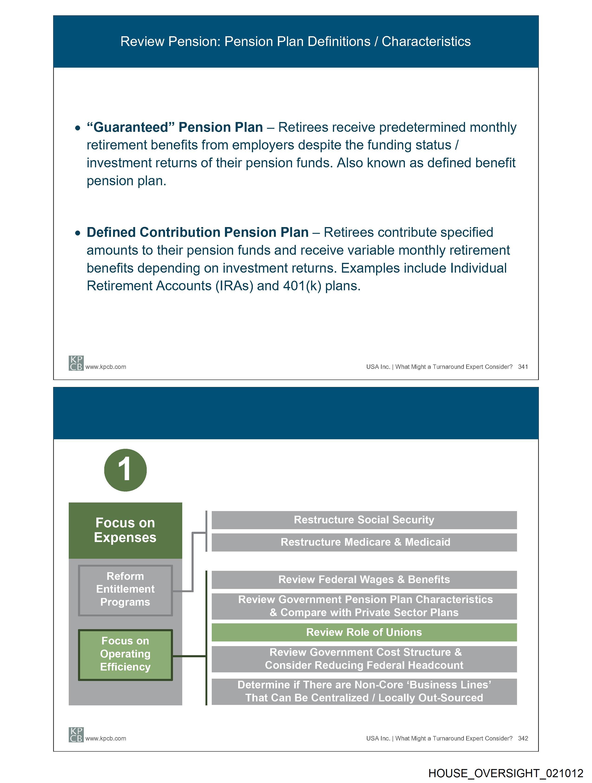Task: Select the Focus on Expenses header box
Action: pyautogui.click(x=125, y=530)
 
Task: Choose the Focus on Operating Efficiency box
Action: pyautogui.click(x=125, y=654)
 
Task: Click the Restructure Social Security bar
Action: pyautogui.click(x=364, y=520)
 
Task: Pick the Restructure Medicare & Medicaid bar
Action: pyautogui.click(x=364, y=542)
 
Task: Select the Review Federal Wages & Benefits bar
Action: pyautogui.click(x=364, y=579)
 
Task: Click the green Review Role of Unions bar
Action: pyautogui.click(x=364, y=632)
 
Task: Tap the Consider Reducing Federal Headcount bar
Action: pyautogui.click(x=364, y=659)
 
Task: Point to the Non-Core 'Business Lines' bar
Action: pyautogui.click(x=364, y=691)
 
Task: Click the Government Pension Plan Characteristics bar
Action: pyautogui.click(x=364, y=606)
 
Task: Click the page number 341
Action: pyautogui.click(x=523, y=367)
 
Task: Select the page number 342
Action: pyautogui.click(x=523, y=738)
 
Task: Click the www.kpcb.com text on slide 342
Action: pyautogui.click(x=106, y=738)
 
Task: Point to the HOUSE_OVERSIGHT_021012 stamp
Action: pyautogui.click(x=506, y=773)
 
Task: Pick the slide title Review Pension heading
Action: pyautogui.click(x=295, y=41)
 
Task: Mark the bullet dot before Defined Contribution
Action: pyautogui.click(x=78, y=233)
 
